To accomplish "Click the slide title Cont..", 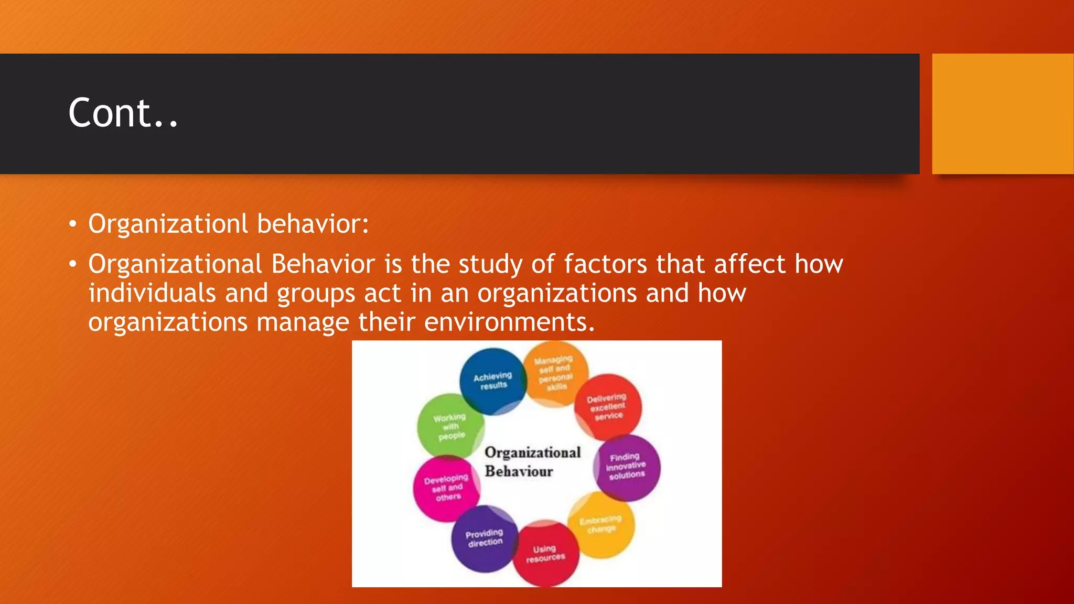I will pyautogui.click(x=123, y=113).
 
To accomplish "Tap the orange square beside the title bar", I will pyautogui.click(x=1002, y=113).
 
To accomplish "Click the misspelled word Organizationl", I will pyautogui.click(x=168, y=224).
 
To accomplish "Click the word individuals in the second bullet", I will pyautogui.click(x=152, y=293).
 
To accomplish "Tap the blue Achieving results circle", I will pyautogui.click(x=492, y=381).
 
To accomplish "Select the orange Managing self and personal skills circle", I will pyautogui.click(x=554, y=373).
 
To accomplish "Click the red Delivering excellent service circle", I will pyautogui.click(x=608, y=407).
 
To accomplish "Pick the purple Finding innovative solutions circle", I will pyautogui.click(x=627, y=467).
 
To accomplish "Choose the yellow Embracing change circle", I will pyautogui.click(x=601, y=524).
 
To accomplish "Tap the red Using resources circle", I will pyautogui.click(x=545, y=554).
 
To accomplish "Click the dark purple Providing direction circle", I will pyautogui.click(x=484, y=538).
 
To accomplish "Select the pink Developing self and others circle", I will pyautogui.click(x=446, y=488).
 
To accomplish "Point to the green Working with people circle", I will pyautogui.click(x=450, y=426).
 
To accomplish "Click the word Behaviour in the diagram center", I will pyautogui.click(x=519, y=471).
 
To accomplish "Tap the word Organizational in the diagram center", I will pyautogui.click(x=532, y=452).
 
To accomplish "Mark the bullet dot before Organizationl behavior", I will pyautogui.click(x=73, y=224).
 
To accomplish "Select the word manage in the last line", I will pyautogui.click(x=303, y=322).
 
